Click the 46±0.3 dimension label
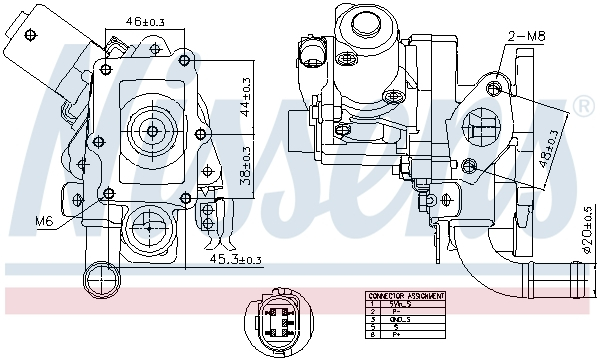[x=145, y=19]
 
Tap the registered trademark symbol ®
[x=581, y=105]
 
